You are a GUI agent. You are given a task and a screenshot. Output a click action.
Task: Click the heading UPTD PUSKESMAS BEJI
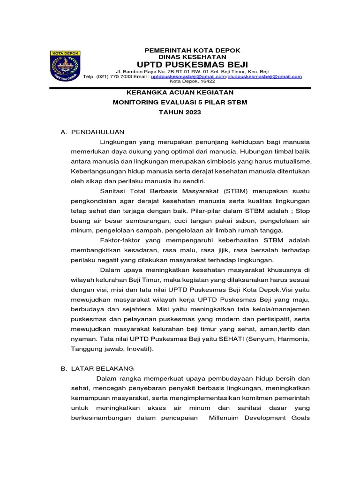(192, 64)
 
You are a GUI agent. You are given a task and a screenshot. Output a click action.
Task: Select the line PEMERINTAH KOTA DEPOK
(192, 50)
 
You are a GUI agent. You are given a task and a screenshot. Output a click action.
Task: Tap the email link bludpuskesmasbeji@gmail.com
(264, 76)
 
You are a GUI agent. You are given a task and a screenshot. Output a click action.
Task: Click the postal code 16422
(206, 81)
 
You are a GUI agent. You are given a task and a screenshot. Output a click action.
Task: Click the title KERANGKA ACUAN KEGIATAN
(180, 93)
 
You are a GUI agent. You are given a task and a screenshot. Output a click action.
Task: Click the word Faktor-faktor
(120, 240)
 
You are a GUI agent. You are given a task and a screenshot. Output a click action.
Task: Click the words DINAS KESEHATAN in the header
(192, 56)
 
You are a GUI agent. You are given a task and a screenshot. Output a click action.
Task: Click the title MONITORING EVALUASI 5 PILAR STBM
(180, 103)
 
